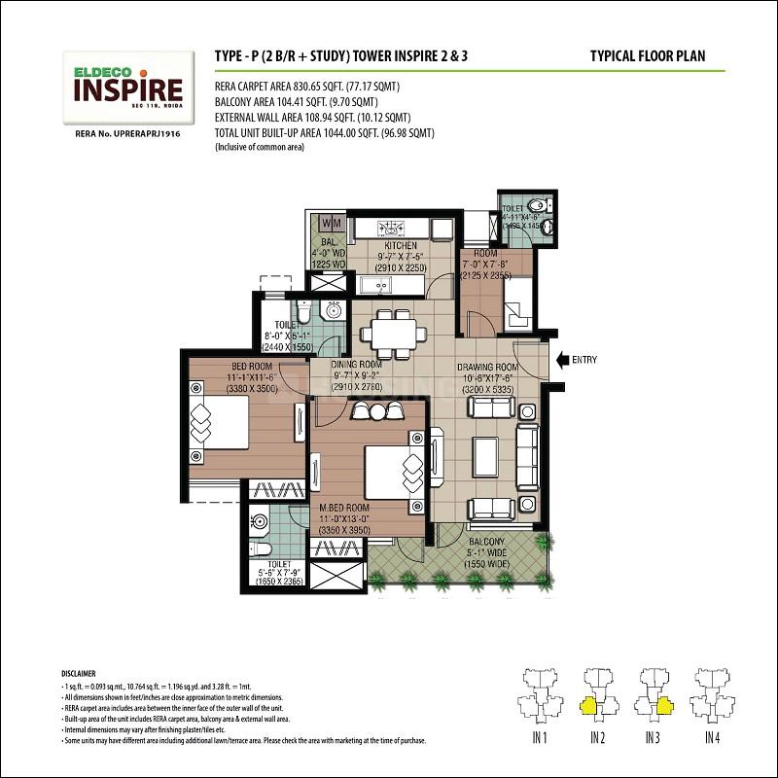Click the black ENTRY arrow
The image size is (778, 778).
click(560, 360)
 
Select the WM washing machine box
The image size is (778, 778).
click(330, 222)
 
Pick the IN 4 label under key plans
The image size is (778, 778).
click(712, 740)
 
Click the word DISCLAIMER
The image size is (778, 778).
click(81, 673)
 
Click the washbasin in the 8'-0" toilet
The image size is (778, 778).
click(333, 310)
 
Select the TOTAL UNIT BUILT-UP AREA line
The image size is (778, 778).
click(323, 132)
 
